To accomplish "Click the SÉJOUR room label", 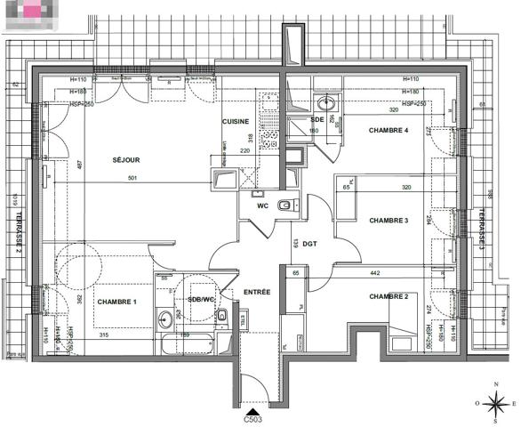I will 126,160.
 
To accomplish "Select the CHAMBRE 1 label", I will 117,302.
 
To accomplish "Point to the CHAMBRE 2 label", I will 388,296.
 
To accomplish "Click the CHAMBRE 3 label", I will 389,221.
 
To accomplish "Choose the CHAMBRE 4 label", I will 389,131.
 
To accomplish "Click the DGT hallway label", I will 309,242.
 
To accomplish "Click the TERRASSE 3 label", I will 481,227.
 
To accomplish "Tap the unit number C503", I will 253,417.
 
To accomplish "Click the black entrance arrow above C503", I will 253,407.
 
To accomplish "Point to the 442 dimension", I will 374,272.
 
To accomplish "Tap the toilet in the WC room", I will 284,207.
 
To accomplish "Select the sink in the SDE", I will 325,101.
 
